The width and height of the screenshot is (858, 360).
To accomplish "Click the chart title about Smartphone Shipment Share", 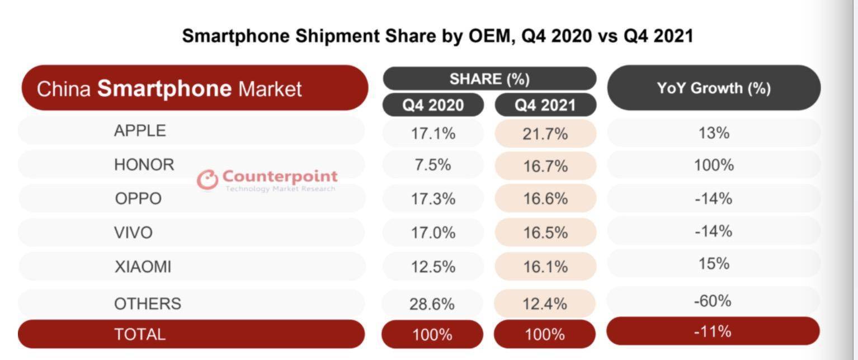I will tap(437, 36).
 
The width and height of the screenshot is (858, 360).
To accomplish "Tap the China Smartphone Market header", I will tap(169, 89).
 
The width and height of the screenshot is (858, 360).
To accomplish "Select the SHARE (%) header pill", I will tap(489, 79).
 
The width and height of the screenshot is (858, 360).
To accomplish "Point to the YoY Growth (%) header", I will tap(714, 88).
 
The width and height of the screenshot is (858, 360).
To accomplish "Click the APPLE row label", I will tap(140, 131).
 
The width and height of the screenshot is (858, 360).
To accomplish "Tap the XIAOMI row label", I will tap(143, 267).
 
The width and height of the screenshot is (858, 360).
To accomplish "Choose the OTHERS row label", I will tap(148, 304).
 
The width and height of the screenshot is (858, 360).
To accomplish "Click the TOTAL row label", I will tap(140, 334).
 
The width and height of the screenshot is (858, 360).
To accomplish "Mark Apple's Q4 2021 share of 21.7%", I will tap(545, 134).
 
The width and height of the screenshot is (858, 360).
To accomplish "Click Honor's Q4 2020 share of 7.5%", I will tap(433, 165).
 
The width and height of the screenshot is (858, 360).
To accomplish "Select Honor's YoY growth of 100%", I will tap(714, 165).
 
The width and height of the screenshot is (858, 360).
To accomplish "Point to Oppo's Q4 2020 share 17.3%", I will tap(433, 199).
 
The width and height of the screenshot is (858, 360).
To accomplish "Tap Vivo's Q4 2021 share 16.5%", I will tap(545, 233).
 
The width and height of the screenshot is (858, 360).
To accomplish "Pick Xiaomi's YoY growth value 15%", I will tap(714, 263).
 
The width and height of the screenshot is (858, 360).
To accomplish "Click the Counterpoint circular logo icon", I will tap(208, 179).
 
